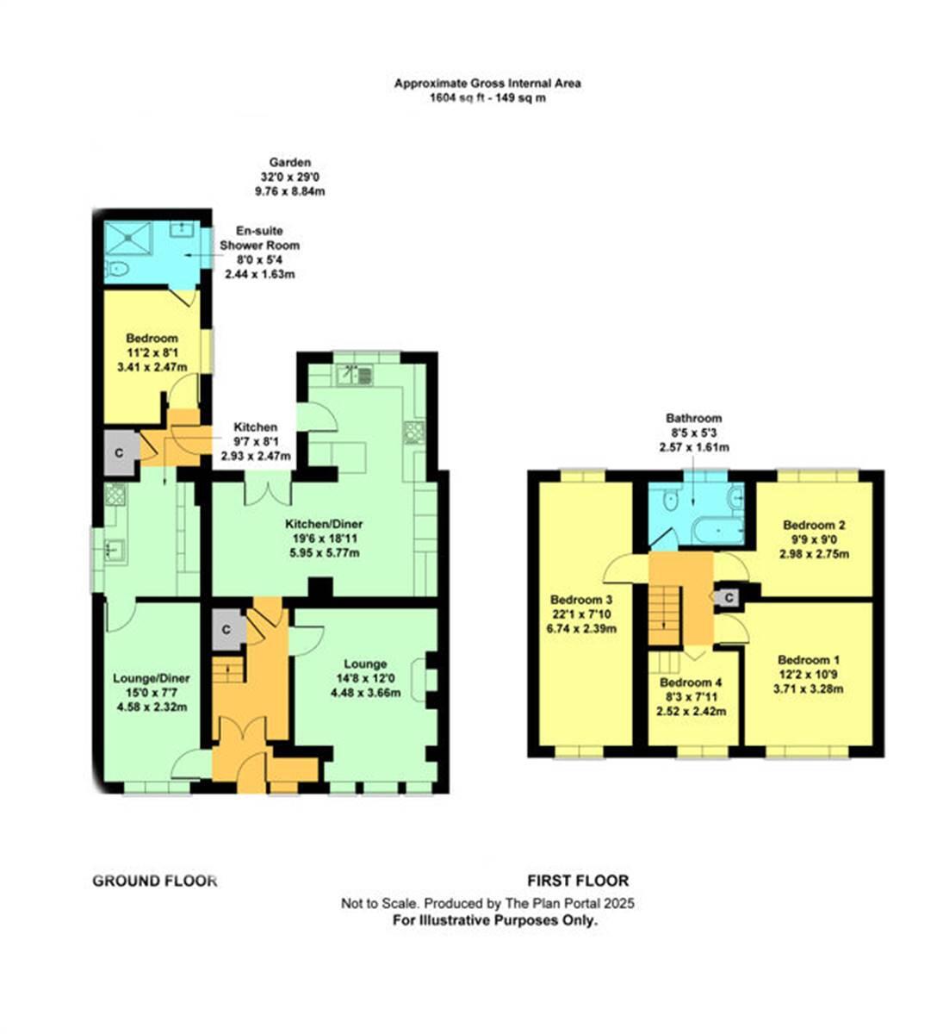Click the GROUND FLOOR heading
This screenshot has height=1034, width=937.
click(154, 881)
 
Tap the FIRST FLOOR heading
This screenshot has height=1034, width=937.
click(578, 881)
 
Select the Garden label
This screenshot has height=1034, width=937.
click(289, 162)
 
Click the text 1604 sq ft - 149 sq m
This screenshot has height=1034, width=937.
click(487, 97)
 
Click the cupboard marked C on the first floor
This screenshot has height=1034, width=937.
click(729, 596)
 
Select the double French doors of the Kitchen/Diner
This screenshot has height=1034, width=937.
click(268, 490)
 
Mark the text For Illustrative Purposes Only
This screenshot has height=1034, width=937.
click(495, 920)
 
